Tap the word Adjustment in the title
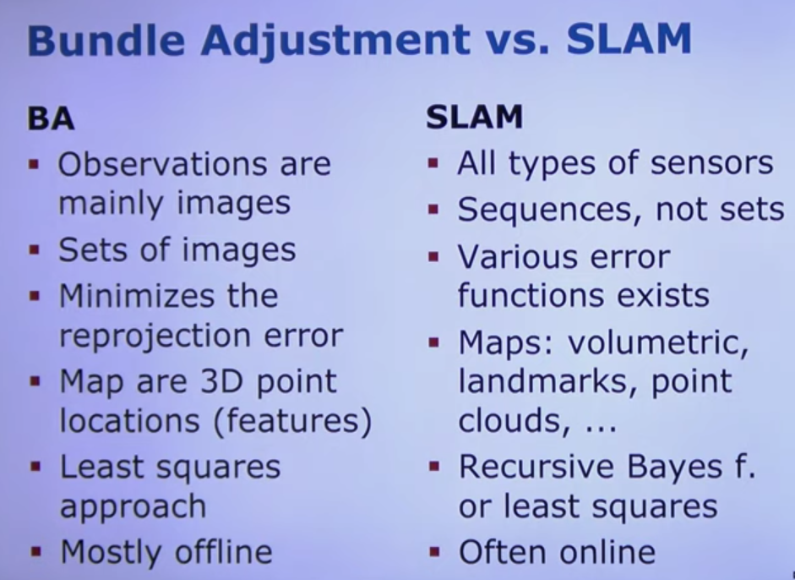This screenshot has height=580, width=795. (x=335, y=41)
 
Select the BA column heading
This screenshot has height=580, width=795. (x=51, y=119)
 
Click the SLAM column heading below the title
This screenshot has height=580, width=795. (x=474, y=118)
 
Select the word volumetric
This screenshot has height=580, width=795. (x=658, y=343)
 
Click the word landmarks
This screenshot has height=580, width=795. (x=550, y=381)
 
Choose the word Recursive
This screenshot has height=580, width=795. (x=536, y=467)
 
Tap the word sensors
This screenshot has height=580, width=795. (x=711, y=164)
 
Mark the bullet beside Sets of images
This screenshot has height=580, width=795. (x=35, y=249)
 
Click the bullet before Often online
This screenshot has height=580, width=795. (x=434, y=551)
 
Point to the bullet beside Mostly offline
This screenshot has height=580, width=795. (x=35, y=551)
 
